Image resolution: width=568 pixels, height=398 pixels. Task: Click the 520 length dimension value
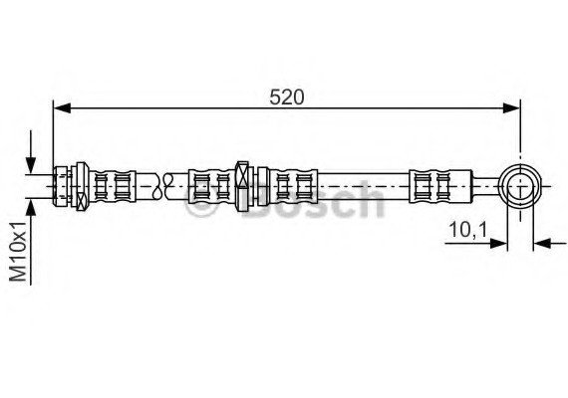pos(287,98)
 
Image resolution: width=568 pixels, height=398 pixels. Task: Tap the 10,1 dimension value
pos(468,230)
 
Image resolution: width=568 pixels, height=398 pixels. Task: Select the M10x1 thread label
pos(18,252)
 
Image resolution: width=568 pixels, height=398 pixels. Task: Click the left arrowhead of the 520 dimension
pos(62,107)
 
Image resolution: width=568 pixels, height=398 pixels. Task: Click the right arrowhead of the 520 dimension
pos(511,107)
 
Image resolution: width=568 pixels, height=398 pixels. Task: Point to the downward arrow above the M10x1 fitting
pos(31,152)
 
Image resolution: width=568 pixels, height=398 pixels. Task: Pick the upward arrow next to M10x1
pos(31,242)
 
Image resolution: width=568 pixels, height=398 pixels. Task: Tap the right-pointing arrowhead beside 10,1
pos(498,244)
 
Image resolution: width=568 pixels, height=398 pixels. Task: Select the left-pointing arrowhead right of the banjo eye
pos(543,244)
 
